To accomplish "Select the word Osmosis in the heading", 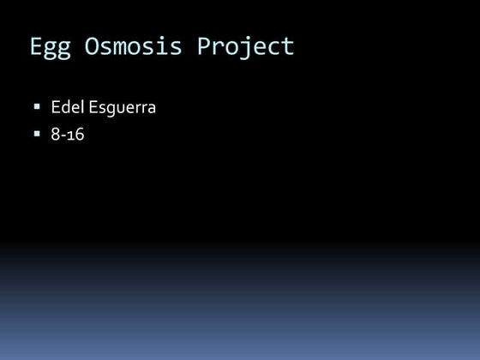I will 134,46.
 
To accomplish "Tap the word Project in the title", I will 246,46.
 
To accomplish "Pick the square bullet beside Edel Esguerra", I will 37,108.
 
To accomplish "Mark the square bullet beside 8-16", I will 37,134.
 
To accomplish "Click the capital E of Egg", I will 37,45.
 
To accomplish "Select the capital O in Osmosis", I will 93,45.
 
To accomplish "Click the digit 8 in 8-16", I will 56,135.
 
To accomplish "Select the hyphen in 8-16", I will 63,135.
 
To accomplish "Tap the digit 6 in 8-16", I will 79,135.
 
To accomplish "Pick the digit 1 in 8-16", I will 70,135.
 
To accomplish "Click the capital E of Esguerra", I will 93,109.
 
